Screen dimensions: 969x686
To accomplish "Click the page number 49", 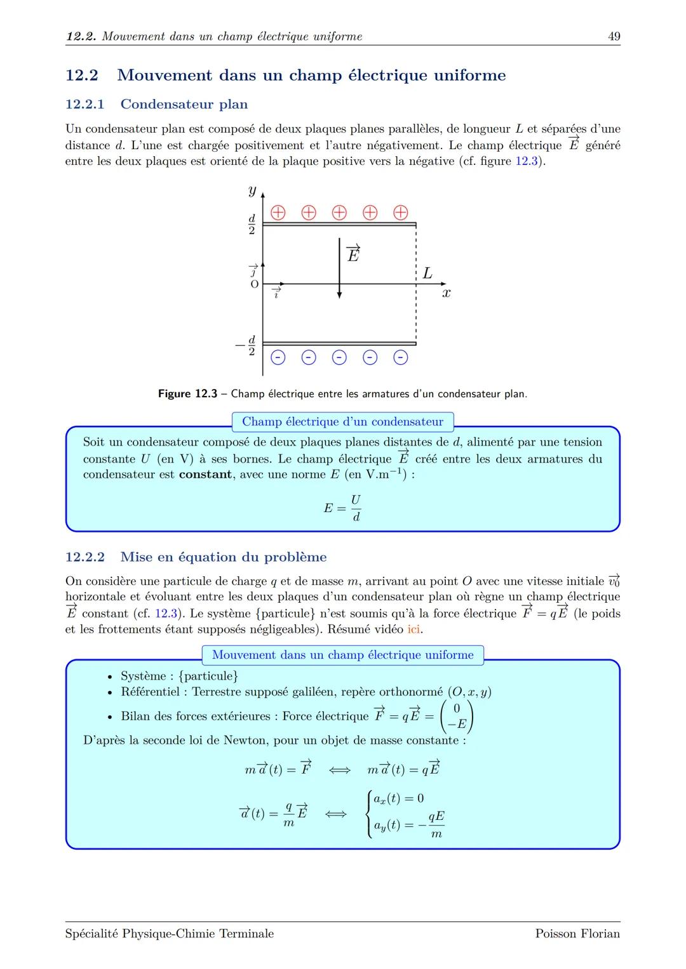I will [614, 36].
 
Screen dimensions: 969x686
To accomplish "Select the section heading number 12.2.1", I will [85, 104].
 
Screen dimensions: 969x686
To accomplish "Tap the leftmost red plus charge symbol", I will [278, 212].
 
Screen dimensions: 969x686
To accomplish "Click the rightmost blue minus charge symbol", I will [400, 358].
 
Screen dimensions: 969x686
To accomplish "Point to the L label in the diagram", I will [427, 274].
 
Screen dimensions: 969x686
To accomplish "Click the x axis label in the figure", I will [446, 293].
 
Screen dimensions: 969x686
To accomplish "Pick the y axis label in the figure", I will [252, 190].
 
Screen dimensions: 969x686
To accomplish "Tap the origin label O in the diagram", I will [254, 284].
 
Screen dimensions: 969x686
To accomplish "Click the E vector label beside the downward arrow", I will [353, 253].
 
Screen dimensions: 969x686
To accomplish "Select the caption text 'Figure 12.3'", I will [187, 394].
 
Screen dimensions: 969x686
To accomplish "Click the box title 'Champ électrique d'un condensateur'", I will [342, 422].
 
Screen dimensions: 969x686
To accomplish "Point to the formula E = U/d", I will [342, 508].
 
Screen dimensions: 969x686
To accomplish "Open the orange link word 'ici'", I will [414, 630].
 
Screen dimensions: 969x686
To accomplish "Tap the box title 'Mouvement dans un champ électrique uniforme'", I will [342, 655].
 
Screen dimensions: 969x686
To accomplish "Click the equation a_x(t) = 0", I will [398, 798].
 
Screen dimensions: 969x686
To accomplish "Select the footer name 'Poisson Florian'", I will [577, 933].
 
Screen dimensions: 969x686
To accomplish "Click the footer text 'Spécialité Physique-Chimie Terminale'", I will [170, 933].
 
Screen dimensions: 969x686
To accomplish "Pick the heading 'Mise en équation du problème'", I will [224, 557].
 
